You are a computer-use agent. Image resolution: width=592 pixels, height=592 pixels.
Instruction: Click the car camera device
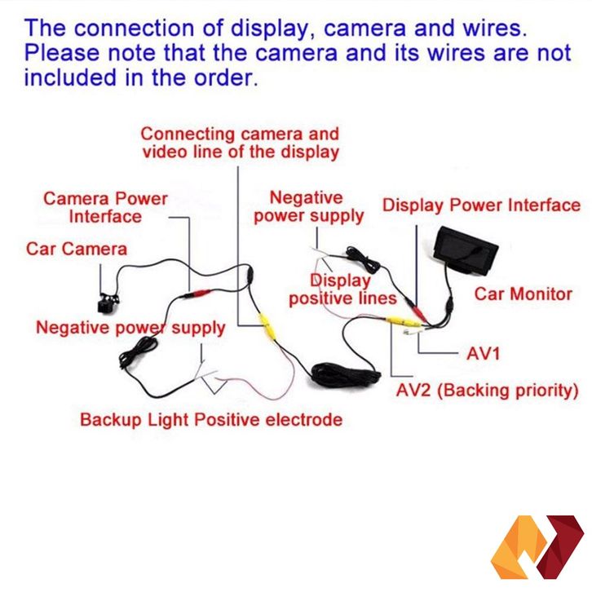(105, 303)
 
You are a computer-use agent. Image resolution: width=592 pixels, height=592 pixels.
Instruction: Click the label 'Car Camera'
(77, 248)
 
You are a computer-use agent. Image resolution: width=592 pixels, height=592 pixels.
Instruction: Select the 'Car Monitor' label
(524, 294)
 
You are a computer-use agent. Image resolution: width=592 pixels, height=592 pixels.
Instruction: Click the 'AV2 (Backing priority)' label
(487, 390)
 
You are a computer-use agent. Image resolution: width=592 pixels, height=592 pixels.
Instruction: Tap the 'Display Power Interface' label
(481, 205)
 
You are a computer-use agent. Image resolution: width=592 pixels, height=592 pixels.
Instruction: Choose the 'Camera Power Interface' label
(105, 207)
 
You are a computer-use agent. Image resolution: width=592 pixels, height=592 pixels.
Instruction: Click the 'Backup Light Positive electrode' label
(210, 420)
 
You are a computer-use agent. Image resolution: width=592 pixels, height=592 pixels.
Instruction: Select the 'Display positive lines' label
(342, 289)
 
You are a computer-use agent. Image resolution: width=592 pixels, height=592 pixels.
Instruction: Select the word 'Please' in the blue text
(60, 54)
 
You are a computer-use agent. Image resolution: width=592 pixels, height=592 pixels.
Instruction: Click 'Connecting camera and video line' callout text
(240, 142)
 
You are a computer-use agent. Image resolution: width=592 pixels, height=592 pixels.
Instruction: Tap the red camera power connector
(198, 293)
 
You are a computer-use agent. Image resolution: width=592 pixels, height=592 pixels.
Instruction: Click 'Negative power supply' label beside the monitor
(308, 206)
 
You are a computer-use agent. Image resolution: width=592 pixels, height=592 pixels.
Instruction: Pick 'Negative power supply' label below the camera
(130, 328)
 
